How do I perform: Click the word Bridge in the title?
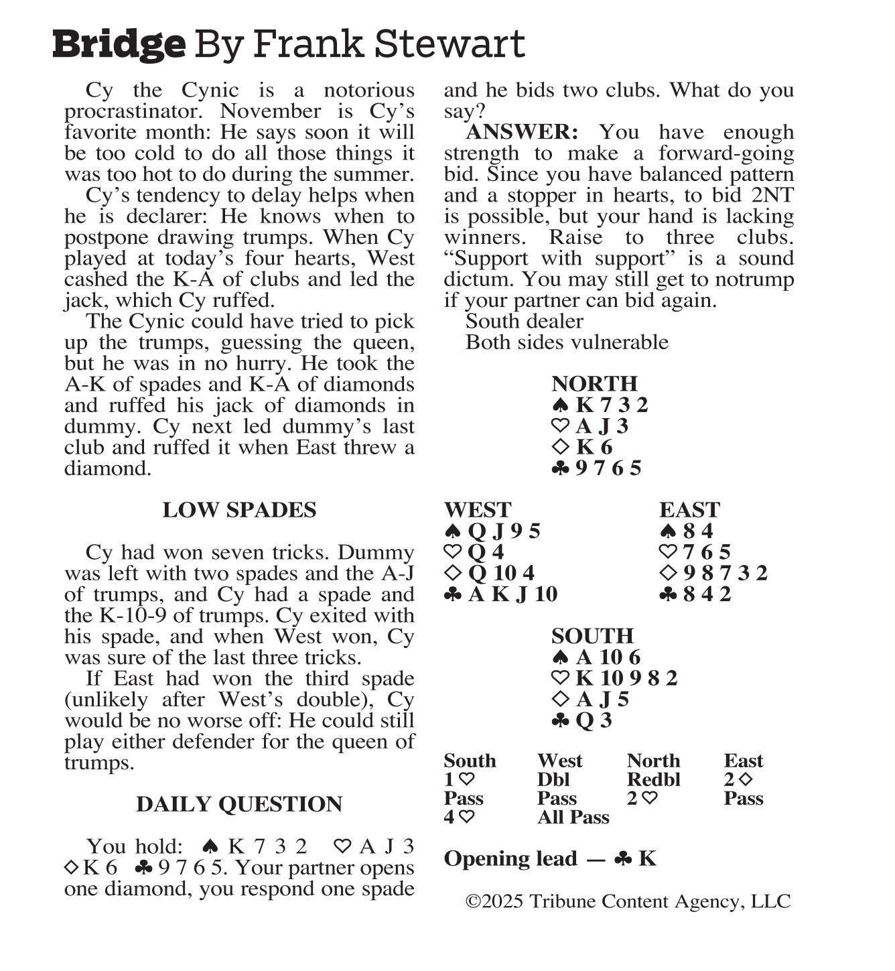[119, 44]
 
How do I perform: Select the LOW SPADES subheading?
[239, 510]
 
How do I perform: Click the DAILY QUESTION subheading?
[239, 804]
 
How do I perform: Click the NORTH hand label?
[594, 384]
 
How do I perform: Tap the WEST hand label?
[477, 510]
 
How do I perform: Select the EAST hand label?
[689, 510]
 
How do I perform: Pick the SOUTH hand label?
[592, 636]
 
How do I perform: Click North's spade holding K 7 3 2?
[611, 405]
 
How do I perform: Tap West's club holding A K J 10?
[512, 594]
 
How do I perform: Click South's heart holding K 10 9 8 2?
[626, 678]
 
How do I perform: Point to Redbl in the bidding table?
[653, 780]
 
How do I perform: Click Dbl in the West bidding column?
[553, 780]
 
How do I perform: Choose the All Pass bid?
[573, 818]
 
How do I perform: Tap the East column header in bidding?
[744, 761]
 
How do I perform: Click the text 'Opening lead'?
[510, 859]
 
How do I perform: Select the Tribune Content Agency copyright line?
[628, 901]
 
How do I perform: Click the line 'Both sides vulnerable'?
[567, 342]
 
